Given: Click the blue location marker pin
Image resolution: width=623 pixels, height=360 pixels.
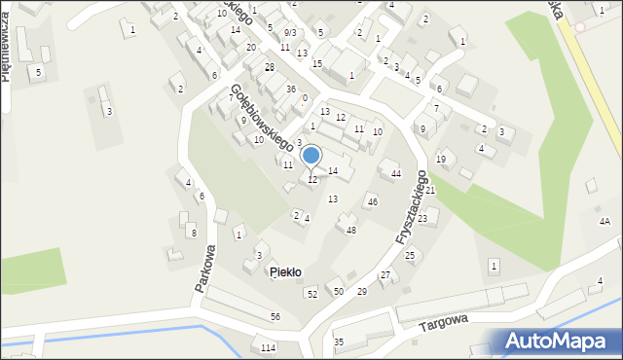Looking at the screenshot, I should coord(311,156).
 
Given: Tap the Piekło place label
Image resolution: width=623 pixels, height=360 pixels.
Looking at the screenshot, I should coord(285,271).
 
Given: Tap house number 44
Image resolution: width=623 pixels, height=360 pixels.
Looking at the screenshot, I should coord(395,173).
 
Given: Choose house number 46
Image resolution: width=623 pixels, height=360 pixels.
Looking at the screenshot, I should coord(372,201).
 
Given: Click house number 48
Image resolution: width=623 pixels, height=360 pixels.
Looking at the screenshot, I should coord(351,230).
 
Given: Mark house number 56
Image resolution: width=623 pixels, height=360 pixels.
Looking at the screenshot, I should coord(275,317).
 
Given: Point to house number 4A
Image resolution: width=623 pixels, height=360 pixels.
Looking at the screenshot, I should coord(605,222).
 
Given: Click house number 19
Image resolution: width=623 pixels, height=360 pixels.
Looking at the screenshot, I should coord(441,159).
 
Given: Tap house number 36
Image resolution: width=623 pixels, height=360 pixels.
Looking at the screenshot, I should coord(290,89).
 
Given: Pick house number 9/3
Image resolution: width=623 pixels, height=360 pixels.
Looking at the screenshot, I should coord(290,32).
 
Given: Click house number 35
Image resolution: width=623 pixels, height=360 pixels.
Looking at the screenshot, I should coord(339,342).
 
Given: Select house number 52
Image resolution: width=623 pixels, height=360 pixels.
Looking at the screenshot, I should coord(311,293).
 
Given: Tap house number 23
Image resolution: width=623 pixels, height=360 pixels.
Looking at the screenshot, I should coord(422,219).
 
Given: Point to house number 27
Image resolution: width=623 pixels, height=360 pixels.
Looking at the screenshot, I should coord(385,275).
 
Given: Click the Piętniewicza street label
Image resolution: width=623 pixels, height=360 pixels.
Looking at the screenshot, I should coord(6,58).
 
